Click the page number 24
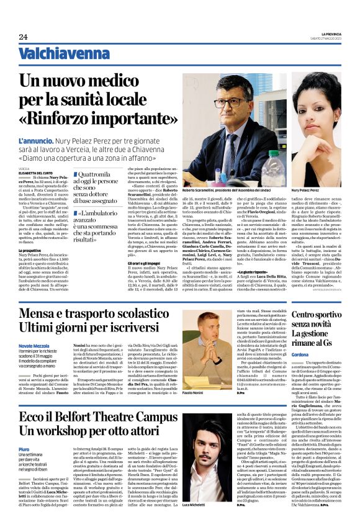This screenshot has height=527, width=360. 23,37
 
